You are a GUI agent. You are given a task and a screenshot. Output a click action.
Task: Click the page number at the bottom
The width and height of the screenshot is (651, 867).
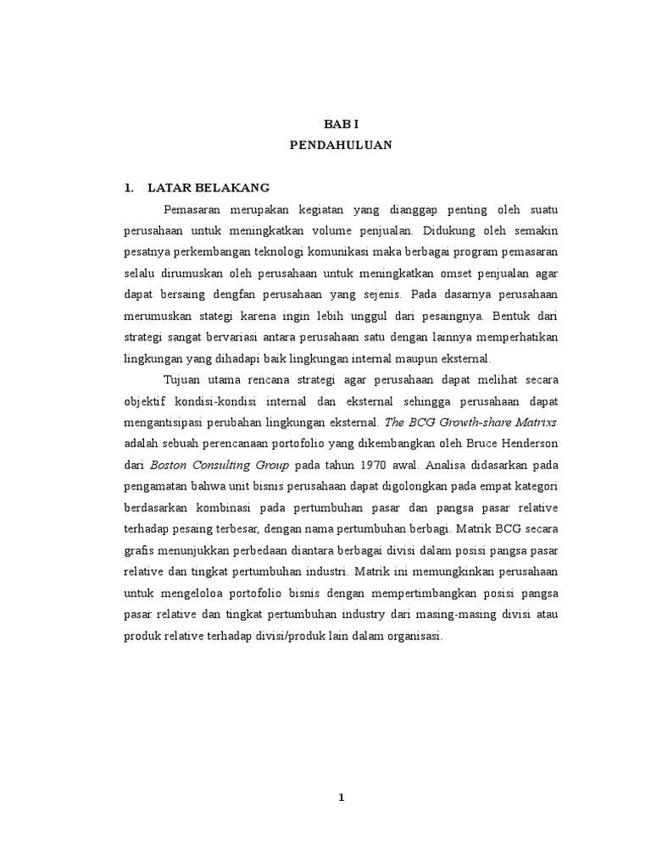(x=341, y=797)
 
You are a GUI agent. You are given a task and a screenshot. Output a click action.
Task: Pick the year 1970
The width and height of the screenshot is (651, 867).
(x=374, y=465)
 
